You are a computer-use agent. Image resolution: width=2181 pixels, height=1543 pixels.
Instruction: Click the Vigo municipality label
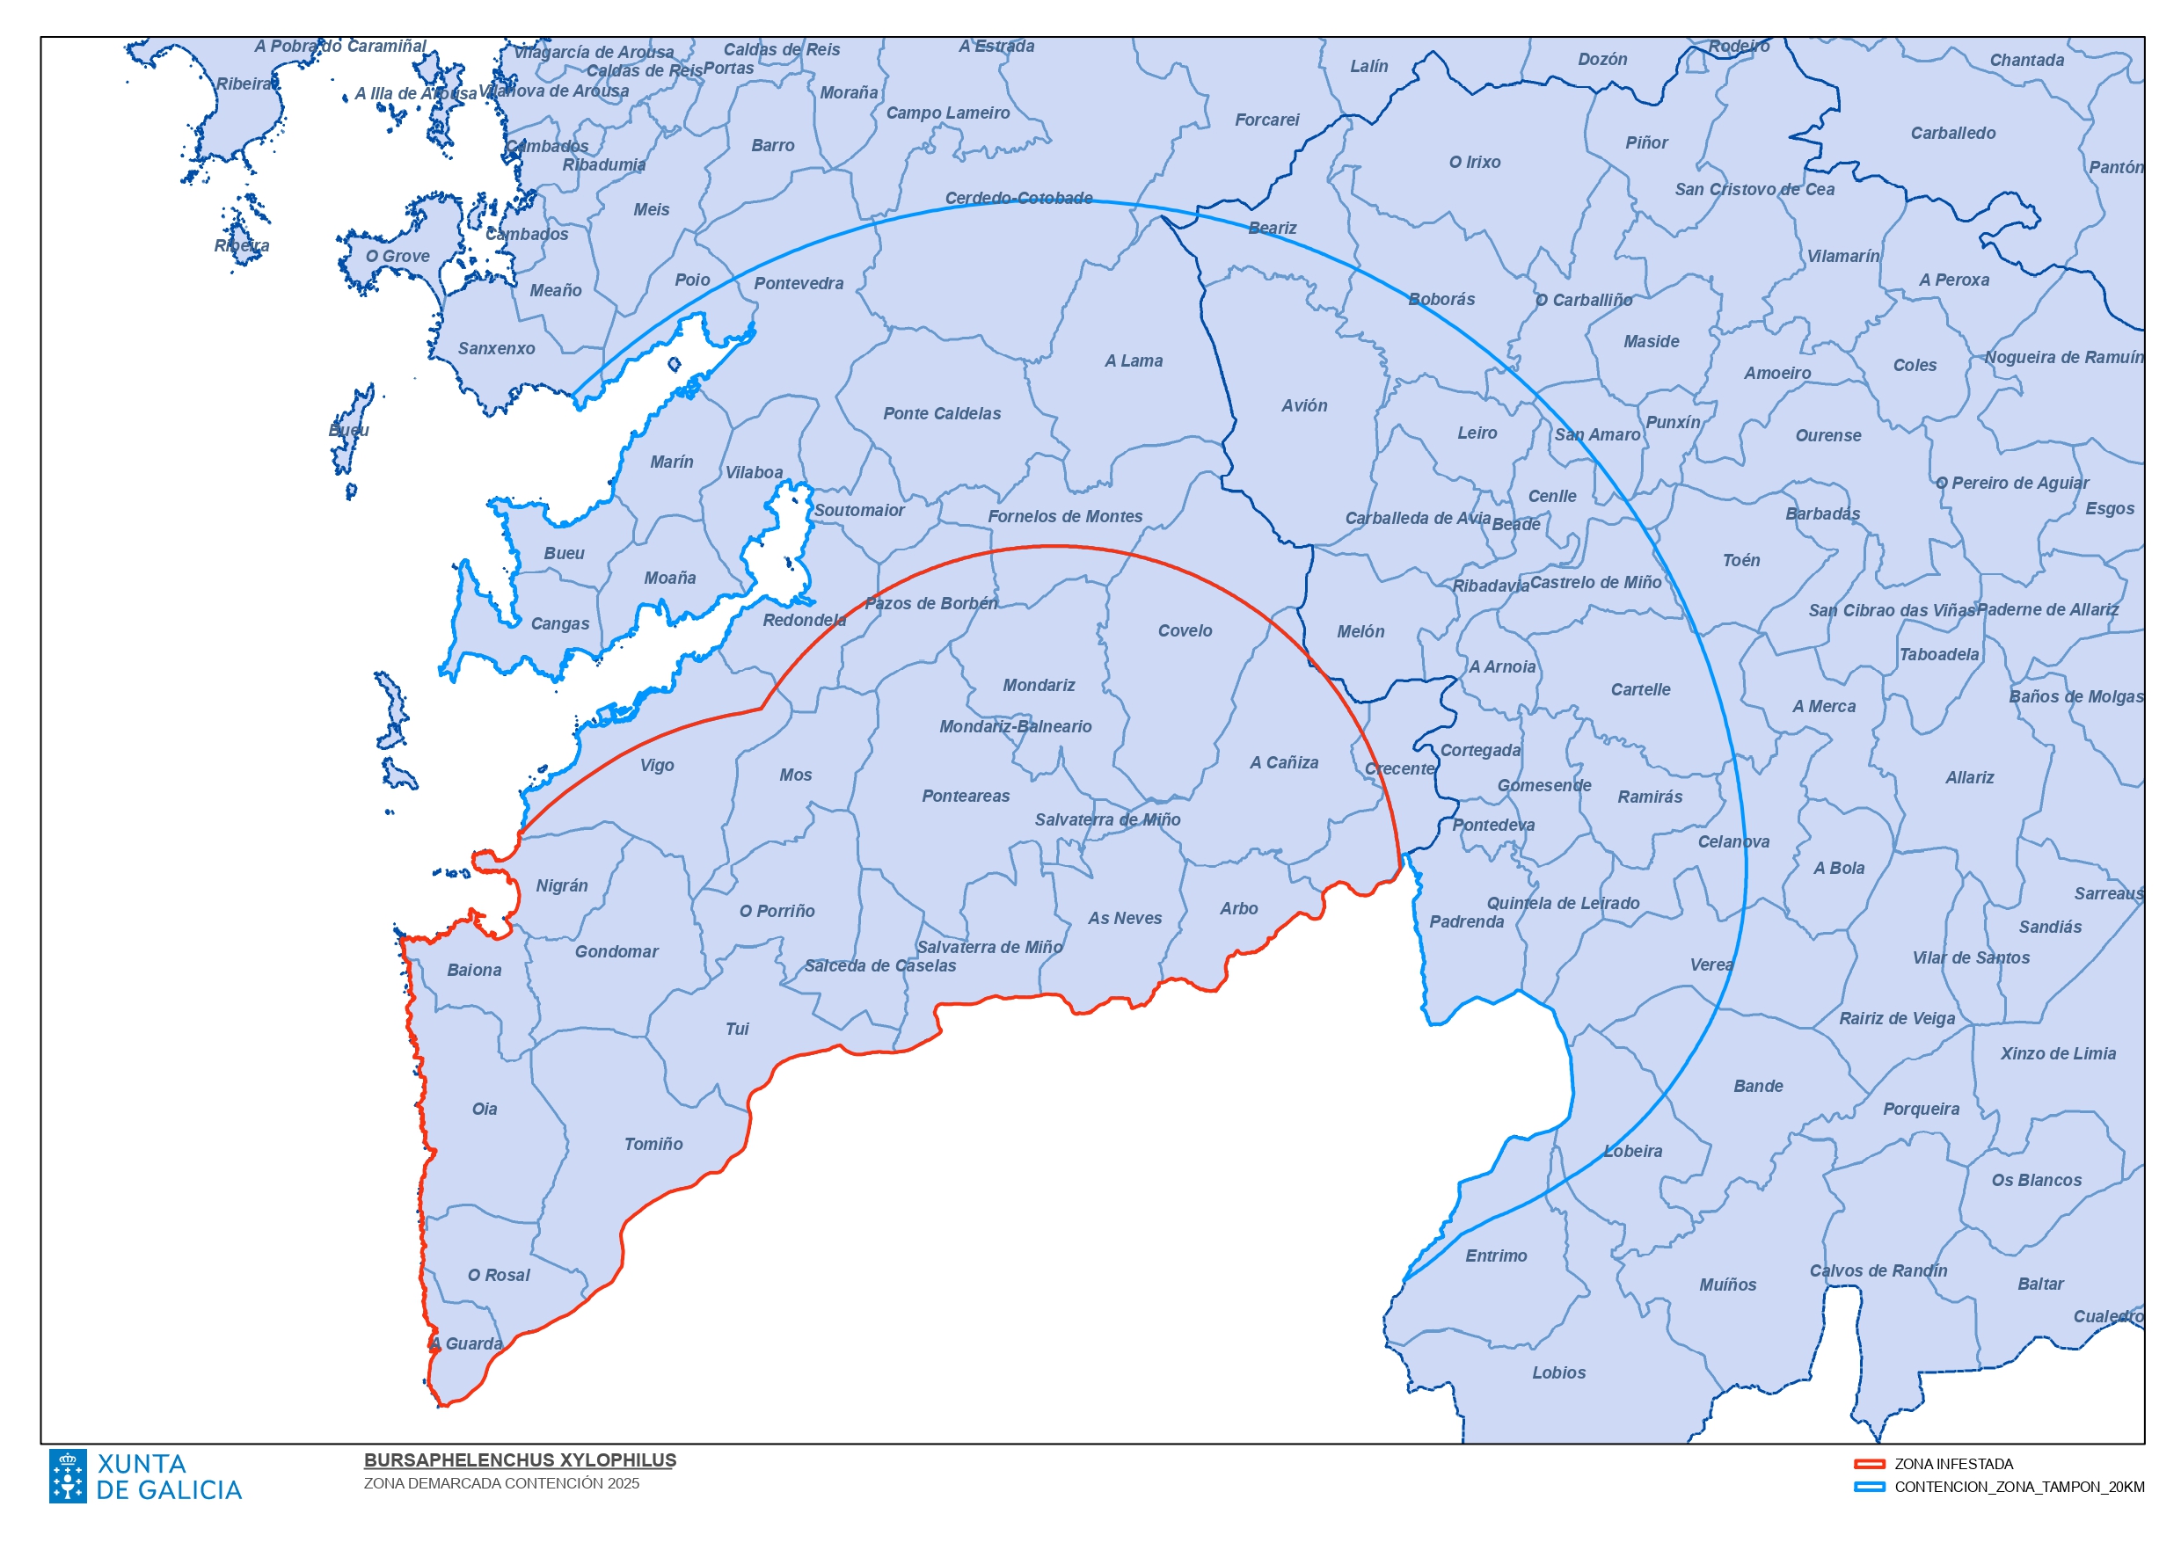point(657,766)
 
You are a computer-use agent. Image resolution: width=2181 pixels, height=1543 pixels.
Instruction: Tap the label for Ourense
point(1827,436)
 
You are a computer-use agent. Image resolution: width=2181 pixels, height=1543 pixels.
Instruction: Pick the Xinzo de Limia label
point(2058,1053)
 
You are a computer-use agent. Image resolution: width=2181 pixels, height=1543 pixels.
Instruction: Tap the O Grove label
point(398,257)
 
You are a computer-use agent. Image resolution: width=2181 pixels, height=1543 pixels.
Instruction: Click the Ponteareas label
point(966,797)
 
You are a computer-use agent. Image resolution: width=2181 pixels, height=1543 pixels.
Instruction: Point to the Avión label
point(1304,405)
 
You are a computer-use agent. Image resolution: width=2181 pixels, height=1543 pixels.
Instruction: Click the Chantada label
point(2026,61)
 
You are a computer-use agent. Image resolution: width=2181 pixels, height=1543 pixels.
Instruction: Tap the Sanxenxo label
point(496,349)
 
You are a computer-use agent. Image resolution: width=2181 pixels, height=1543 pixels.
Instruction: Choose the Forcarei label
point(1266,120)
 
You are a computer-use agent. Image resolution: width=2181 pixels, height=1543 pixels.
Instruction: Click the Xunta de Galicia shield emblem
point(68,1475)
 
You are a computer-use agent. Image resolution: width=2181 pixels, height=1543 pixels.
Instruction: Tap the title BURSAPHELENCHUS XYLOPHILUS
point(520,1460)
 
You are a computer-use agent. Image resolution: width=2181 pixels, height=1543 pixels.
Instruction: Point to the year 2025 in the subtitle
point(623,1484)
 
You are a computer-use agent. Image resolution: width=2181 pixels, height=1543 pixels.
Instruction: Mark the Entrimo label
point(1496,1256)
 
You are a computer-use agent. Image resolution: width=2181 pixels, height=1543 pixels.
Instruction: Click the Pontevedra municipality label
point(799,283)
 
